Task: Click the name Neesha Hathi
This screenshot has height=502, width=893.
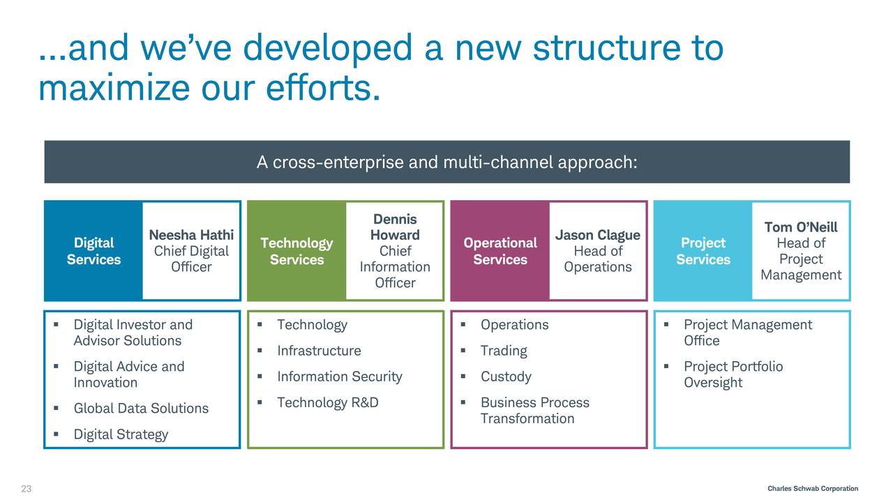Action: (191, 235)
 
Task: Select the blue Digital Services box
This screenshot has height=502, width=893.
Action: (93, 251)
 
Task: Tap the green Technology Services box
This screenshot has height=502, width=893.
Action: (297, 251)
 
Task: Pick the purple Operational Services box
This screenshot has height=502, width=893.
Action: (500, 251)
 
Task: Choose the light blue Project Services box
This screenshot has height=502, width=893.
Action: (703, 251)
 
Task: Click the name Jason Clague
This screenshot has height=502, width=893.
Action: (597, 235)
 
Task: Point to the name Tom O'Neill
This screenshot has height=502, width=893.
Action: (801, 227)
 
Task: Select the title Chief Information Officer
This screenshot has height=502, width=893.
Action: (395, 267)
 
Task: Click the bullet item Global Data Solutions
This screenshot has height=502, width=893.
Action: (141, 409)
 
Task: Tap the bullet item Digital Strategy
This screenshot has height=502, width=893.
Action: (121, 434)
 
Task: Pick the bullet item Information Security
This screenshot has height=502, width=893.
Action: (339, 377)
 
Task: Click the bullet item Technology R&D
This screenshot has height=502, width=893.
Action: (327, 403)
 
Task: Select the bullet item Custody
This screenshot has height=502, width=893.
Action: (506, 377)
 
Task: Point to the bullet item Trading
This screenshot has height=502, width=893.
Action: (504, 351)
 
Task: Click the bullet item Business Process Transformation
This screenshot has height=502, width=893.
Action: (534, 411)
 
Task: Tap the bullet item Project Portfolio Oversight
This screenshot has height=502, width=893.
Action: (733, 374)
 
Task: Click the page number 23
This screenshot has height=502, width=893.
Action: (26, 489)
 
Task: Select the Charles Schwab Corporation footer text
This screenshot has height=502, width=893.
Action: (812, 489)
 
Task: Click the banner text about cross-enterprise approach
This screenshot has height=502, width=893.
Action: (446, 162)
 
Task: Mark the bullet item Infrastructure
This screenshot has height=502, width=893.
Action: (319, 351)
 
